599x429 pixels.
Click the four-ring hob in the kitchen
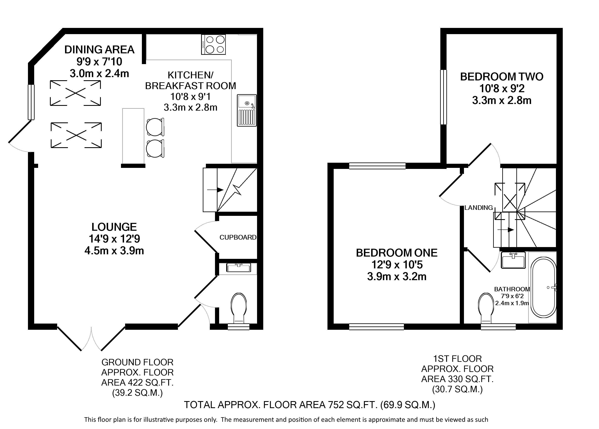coord(213,45)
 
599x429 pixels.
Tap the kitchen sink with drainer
coord(247,110)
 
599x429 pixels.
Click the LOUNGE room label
coord(114,227)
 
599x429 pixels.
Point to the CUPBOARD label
coord(238,237)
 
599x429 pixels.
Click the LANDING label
coord(479,208)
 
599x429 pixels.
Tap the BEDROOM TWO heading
coord(502,77)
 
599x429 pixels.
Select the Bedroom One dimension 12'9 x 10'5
coord(397,264)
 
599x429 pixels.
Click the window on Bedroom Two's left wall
coord(444,97)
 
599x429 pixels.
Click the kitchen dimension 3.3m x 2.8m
coord(190,108)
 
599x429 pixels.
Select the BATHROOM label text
coord(512,289)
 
